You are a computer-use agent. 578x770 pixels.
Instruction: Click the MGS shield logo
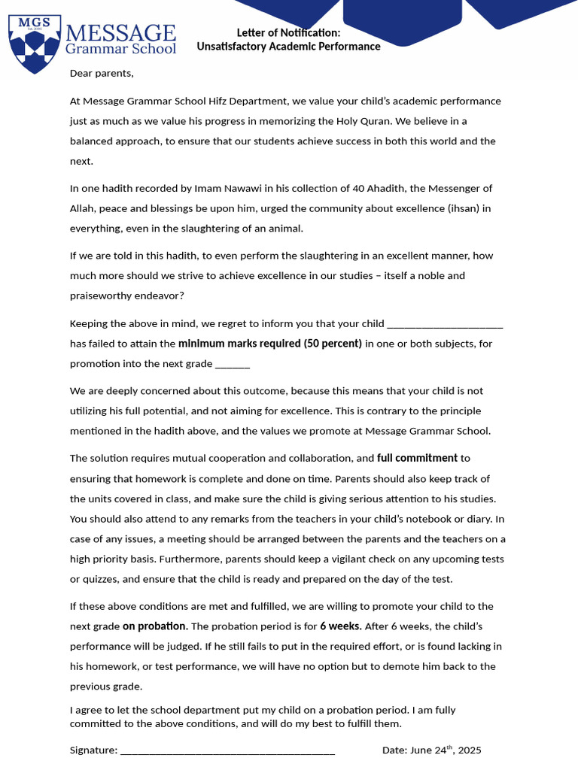pyautogui.click(x=34, y=44)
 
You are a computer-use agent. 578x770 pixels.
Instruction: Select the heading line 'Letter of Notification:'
pyautogui.click(x=288, y=32)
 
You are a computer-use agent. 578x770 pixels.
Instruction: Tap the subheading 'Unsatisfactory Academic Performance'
pyautogui.click(x=288, y=47)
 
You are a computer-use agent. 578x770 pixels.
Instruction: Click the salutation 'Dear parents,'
pyautogui.click(x=102, y=73)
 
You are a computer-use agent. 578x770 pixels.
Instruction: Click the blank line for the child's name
pyautogui.click(x=444, y=324)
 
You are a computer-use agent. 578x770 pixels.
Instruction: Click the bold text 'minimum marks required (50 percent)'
pyautogui.click(x=270, y=344)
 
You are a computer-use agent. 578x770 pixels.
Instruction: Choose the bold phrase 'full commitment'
pyautogui.click(x=417, y=458)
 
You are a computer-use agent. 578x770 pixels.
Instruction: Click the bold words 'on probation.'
pyautogui.click(x=155, y=626)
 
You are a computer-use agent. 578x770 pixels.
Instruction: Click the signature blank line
pyautogui.click(x=227, y=750)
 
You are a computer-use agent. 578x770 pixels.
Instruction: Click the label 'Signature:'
pyautogui.click(x=93, y=750)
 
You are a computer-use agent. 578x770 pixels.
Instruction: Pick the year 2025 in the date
pyautogui.click(x=469, y=750)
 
